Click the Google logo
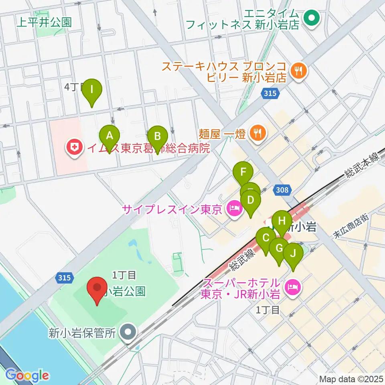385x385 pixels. point(27,375)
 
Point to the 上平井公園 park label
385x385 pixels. point(44,22)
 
